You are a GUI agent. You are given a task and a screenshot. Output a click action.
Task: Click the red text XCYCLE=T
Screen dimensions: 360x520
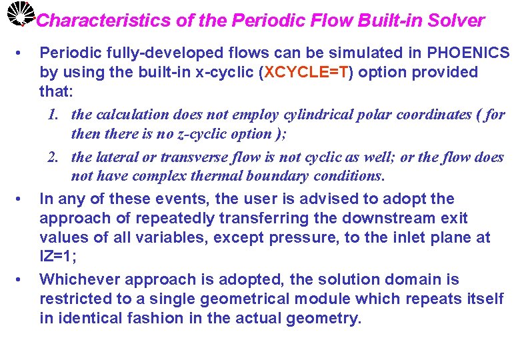pyautogui.click(x=306, y=72)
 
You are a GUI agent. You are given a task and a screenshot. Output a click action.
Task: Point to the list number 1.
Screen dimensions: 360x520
pyautogui.click(x=55, y=115)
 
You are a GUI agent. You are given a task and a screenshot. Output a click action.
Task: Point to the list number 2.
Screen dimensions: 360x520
pyautogui.click(x=53, y=158)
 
